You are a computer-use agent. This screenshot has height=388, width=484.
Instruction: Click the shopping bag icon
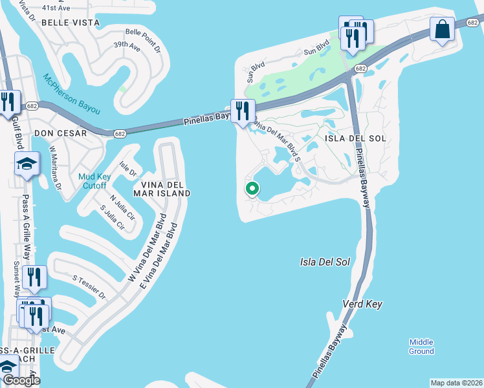tap(443, 30)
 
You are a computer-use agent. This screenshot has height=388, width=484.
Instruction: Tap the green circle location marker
tap(252, 188)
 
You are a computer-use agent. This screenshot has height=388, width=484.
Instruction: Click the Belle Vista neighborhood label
tap(71, 22)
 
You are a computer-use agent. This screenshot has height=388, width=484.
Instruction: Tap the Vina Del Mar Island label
tap(162, 188)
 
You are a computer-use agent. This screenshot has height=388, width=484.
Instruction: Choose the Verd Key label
tap(362, 304)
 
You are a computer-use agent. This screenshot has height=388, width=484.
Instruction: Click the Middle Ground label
tap(421, 347)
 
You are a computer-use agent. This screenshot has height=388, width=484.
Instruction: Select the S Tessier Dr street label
tap(89, 286)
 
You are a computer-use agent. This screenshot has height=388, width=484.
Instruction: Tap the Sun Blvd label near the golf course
tap(316, 45)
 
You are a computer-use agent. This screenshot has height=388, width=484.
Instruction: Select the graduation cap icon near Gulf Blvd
tap(26, 164)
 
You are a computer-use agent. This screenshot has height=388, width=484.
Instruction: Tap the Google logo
tap(21, 380)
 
